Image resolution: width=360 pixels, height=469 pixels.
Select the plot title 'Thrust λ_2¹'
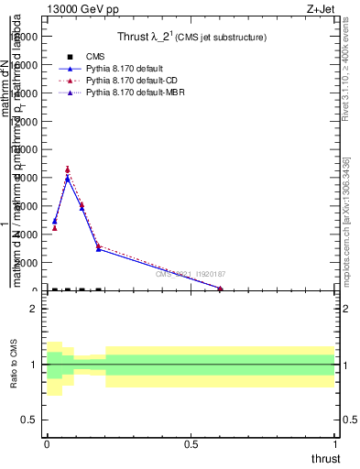(191, 38)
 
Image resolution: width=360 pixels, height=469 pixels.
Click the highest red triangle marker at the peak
(68, 169)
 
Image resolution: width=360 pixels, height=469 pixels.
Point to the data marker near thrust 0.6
(221, 289)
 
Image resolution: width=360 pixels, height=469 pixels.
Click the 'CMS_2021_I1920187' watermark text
(191, 274)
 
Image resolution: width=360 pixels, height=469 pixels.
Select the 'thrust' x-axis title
(325, 459)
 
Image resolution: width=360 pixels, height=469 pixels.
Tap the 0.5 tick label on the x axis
(191, 443)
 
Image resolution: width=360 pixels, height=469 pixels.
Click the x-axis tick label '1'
(335, 443)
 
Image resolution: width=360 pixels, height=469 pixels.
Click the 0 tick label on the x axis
(47, 443)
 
